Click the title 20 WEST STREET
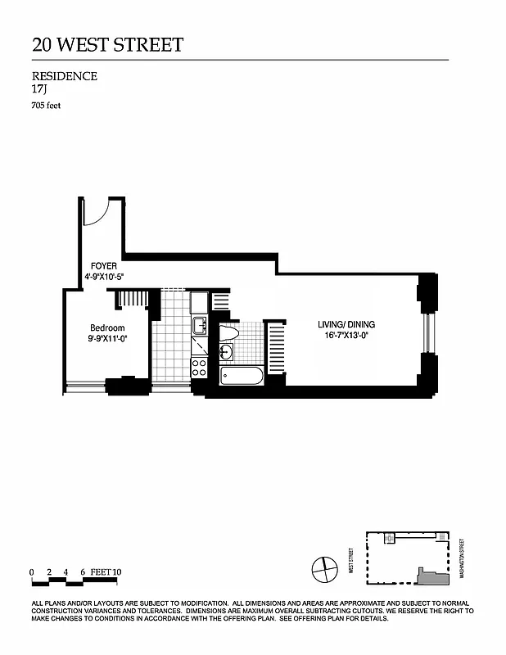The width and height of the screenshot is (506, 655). tap(107, 44)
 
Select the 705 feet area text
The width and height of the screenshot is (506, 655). tap(47, 105)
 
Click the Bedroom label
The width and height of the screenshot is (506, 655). tap(107, 327)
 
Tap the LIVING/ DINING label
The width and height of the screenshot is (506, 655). tap(346, 325)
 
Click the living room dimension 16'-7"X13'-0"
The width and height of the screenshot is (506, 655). tap(346, 336)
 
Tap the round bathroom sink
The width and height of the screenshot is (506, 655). tap(227, 353)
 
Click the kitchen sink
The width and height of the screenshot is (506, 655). tap(199, 327)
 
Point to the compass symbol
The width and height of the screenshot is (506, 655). tap(324, 567)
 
